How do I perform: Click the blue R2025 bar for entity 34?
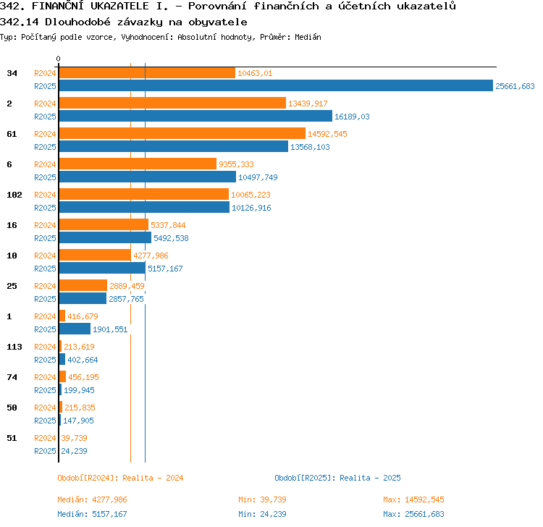tap(276, 85)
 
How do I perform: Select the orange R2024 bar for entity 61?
tap(182, 133)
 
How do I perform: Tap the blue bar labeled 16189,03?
tap(195, 116)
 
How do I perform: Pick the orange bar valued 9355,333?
tap(138, 164)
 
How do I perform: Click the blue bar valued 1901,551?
tap(75, 329)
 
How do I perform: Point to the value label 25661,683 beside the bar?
tap(515, 86)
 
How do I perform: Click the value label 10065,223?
tap(251, 195)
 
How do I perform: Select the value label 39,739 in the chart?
tap(74, 438)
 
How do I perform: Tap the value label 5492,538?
tap(171, 238)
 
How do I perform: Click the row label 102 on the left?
tap(14, 195)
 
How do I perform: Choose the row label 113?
tap(14, 347)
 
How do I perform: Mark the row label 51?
tap(12, 438)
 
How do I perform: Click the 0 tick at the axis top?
tap(58, 59)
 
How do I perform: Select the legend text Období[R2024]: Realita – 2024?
tap(120, 478)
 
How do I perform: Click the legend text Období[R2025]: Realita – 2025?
tap(337, 478)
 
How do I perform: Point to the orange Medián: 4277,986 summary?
tap(92, 499)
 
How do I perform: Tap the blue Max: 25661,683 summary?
tap(413, 514)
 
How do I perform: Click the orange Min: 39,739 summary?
tap(262, 499)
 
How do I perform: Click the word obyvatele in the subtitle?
tap(218, 22)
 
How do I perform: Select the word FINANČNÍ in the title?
tap(57, 6)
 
